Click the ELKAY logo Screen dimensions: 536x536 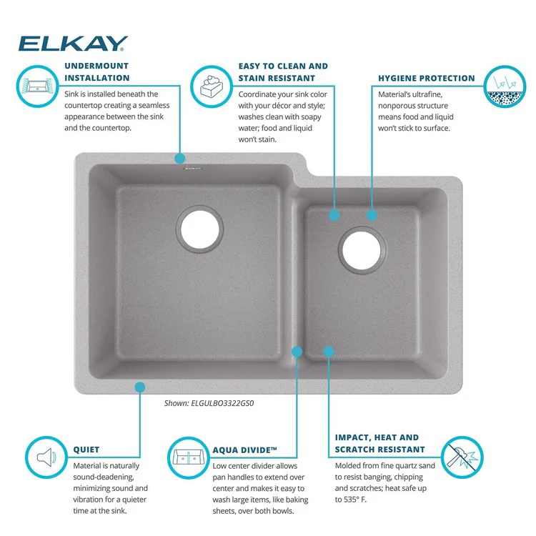pos(73,44)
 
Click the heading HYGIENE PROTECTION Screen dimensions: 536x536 pos(426,79)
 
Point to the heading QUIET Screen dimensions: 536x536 pos(86,450)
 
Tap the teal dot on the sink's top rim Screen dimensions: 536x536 pos(179,158)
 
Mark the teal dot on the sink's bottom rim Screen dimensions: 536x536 pos(140,387)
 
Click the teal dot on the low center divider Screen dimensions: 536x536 pos(298,351)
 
